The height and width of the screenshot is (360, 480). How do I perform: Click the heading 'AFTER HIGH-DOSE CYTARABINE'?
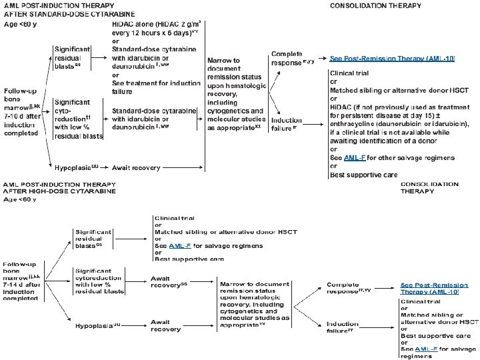pyautogui.click(x=60, y=191)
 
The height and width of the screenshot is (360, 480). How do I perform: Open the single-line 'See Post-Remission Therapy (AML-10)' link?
pyautogui.click(x=392, y=59)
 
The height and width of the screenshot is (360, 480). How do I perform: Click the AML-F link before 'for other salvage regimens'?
pyautogui.click(x=353, y=157)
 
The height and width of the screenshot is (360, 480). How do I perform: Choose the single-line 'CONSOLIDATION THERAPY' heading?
pyautogui.click(x=376, y=5)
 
